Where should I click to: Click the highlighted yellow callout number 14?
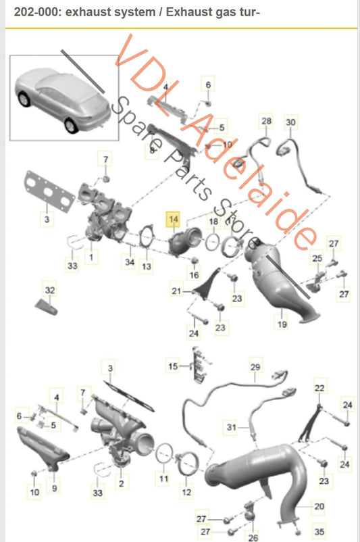[x=173, y=219]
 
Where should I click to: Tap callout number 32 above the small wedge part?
[x=50, y=290]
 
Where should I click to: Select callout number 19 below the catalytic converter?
[x=282, y=324]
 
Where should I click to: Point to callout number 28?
[x=266, y=121]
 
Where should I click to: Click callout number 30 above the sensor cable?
[x=290, y=122]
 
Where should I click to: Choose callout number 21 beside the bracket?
[x=176, y=291]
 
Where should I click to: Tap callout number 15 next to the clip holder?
[x=173, y=366]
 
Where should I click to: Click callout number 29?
[x=255, y=367]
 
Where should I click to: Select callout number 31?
[x=231, y=428]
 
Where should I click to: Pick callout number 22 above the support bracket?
[x=319, y=388]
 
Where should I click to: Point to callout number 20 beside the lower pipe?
[x=319, y=506]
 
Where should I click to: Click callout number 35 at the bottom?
[x=319, y=531]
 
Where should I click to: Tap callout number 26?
[x=253, y=537]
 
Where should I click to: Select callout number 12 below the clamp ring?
[x=186, y=492]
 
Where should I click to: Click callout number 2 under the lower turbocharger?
[x=122, y=483]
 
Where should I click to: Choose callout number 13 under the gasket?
[x=147, y=266]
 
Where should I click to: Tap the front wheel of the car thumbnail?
[x=71, y=126]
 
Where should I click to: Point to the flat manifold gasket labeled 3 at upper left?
[x=49, y=189]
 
